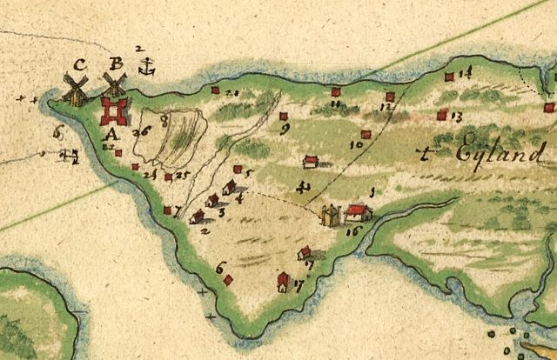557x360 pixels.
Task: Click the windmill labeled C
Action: [76, 88]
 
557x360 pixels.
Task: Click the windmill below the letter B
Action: [113, 86]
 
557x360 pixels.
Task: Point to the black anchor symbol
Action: [149, 64]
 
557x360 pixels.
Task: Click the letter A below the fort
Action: [110, 134]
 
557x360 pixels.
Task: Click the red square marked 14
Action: [449, 77]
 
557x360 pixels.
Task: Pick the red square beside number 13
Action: [442, 114]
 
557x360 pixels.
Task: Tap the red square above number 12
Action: [390, 97]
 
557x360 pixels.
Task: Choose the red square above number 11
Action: [335, 91]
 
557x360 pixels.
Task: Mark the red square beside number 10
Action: [366, 135]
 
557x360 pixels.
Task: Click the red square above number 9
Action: [284, 115]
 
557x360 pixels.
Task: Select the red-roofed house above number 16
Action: [356, 210]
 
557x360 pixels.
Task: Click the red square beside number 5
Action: [237, 170]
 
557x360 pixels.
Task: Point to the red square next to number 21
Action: [215, 89]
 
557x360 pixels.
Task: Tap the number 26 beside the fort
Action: [142, 130]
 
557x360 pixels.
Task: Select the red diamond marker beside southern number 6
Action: [228, 280]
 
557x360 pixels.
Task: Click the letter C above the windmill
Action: [79, 63]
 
